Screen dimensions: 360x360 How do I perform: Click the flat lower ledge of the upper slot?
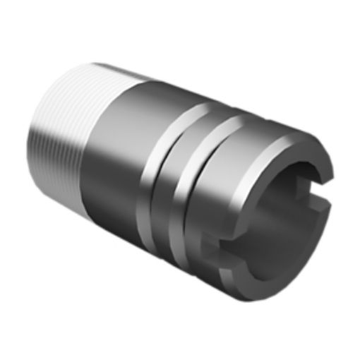(x=311, y=205)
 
